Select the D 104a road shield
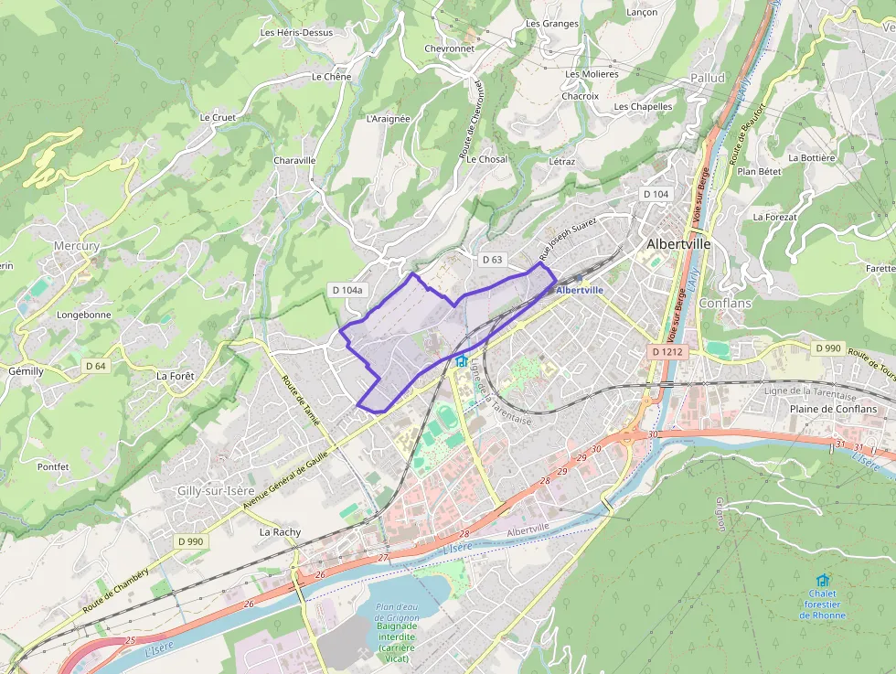click(x=347, y=290)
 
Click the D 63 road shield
click(x=492, y=260)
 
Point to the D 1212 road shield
click(x=667, y=351)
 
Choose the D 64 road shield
click(x=96, y=366)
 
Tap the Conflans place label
click(x=724, y=303)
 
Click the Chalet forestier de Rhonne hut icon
click(x=822, y=581)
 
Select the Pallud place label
click(x=708, y=78)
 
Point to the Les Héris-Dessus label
click(x=296, y=32)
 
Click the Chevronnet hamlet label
click(x=450, y=48)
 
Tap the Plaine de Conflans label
click(x=833, y=409)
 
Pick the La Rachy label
click(x=280, y=531)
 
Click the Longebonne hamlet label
click(x=84, y=315)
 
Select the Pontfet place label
click(x=53, y=466)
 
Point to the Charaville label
click(x=294, y=160)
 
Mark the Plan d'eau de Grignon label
click(x=397, y=613)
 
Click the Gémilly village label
click(x=26, y=371)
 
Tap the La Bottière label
click(x=811, y=157)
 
